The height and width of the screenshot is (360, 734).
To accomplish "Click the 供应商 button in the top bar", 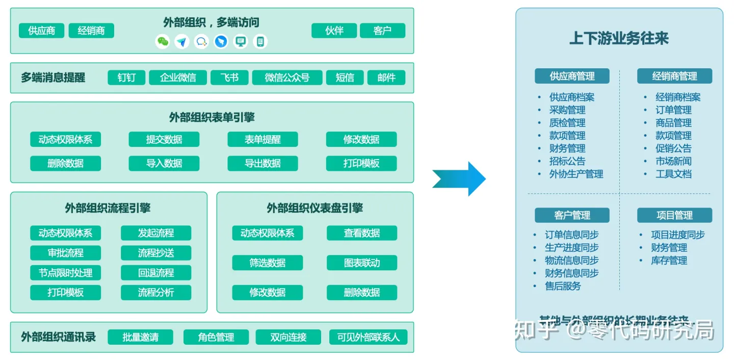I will click(42, 31).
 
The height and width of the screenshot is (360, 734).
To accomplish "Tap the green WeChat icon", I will click(163, 42).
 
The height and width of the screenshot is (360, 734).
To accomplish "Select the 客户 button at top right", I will click(382, 31).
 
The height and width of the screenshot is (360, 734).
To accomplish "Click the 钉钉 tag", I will click(126, 78).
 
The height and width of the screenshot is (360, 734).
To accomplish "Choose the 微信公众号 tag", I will click(287, 78).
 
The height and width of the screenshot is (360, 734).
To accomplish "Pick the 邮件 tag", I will click(386, 78).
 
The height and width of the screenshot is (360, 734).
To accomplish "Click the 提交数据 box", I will click(164, 139).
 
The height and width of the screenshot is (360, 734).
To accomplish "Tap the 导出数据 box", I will click(263, 163).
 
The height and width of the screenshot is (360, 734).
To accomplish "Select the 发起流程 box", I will click(156, 233).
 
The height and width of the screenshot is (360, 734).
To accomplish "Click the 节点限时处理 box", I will click(66, 273).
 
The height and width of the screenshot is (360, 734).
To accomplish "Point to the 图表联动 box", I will click(362, 263).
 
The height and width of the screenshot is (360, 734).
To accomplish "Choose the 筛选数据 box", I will click(268, 263).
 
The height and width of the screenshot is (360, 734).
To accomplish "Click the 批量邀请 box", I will click(141, 337).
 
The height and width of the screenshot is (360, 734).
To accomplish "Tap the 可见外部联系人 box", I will click(369, 337).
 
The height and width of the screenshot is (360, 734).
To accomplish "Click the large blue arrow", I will click(459, 178).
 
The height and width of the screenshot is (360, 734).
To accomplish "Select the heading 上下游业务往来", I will click(619, 39).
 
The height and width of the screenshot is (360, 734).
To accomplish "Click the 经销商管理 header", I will click(674, 76).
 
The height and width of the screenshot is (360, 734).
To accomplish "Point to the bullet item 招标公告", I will click(567, 161).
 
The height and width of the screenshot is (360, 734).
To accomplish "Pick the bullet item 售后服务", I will click(563, 286).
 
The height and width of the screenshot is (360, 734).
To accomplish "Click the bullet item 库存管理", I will click(669, 261).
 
